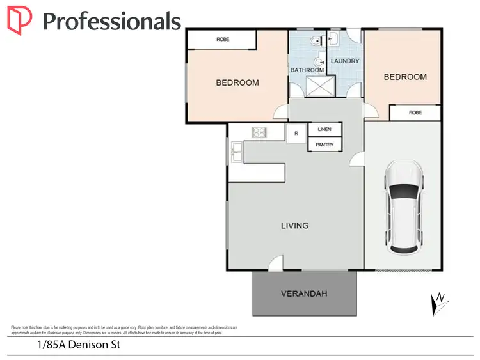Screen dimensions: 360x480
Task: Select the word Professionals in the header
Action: pos(111,21)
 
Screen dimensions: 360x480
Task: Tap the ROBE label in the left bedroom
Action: pos(223,40)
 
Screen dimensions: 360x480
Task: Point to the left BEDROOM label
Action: pos(237,82)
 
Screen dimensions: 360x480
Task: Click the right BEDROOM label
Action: pos(404,77)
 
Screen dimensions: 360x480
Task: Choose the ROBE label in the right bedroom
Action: pos(415,113)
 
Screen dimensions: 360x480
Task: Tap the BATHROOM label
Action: pos(307,70)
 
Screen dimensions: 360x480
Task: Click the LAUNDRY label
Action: pos(345,61)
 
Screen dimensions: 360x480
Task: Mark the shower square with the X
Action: pos(319,86)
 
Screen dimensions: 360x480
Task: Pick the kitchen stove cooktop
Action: pos(260,133)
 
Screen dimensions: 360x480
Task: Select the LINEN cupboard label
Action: pos(324,129)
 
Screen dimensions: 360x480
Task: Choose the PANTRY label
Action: pos(324,145)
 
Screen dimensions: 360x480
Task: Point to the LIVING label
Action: pos(294,226)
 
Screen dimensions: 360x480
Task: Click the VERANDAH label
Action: pos(304,294)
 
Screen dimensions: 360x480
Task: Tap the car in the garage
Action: pos(404,206)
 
